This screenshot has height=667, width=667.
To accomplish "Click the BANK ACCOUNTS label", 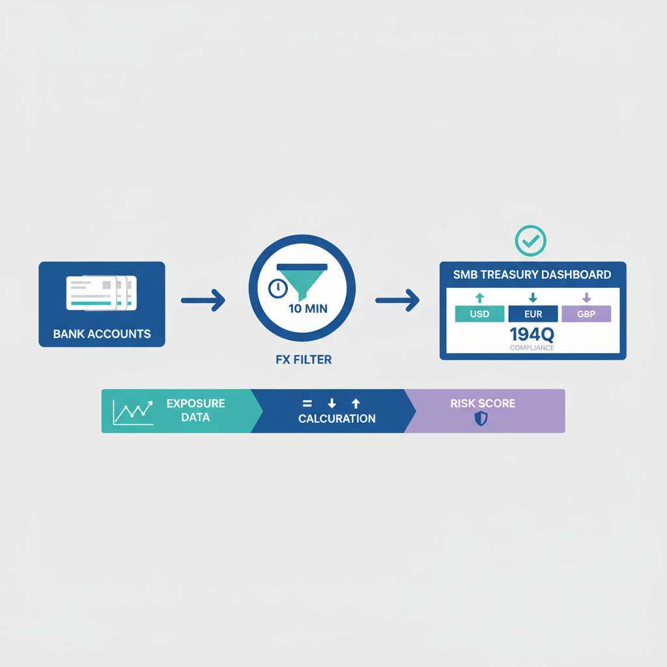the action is [102, 334].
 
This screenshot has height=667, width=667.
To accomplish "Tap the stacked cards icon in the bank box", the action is [102, 292].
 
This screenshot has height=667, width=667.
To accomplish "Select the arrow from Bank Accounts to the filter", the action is [203, 300].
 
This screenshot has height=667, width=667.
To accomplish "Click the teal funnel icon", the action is [302, 280].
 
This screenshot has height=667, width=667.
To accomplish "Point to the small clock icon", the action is [277, 288].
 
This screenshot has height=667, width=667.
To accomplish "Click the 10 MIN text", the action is [307, 308].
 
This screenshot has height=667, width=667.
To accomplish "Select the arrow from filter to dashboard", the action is [397, 300].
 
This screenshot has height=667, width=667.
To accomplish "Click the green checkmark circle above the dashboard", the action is [531, 241].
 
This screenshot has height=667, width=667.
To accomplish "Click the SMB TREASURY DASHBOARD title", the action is [532, 274].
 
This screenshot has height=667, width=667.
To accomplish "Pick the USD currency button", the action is [479, 314].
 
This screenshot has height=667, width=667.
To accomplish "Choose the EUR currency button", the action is [533, 314].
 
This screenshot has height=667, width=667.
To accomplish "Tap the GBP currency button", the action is [586, 314].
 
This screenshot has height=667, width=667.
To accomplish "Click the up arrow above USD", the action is [479, 298].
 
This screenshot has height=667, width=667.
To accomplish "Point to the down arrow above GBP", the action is [586, 298].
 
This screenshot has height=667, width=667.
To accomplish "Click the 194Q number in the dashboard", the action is [532, 335].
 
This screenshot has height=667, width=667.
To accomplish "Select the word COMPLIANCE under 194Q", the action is [532, 348].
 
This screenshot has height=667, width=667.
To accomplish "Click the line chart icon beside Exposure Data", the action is [133, 412].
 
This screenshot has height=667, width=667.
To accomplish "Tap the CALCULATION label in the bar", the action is [337, 419].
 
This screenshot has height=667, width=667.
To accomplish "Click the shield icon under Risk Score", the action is [481, 419].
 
